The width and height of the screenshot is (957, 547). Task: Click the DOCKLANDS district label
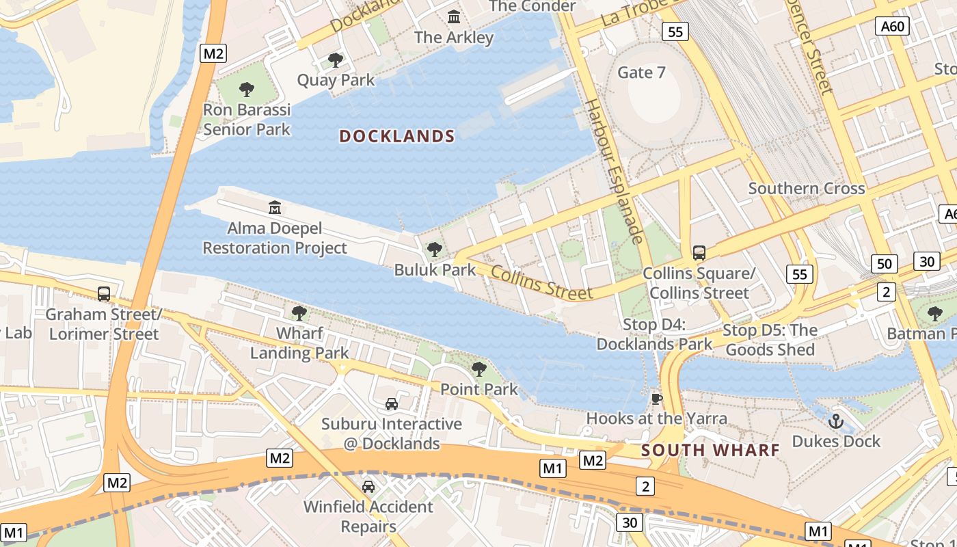(x=397, y=136)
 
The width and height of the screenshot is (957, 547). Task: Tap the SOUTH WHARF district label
(x=711, y=450)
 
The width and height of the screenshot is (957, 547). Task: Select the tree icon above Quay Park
(x=335, y=60)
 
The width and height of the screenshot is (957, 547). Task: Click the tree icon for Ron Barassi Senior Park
(x=247, y=89)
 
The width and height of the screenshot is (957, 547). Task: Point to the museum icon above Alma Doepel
(x=275, y=207)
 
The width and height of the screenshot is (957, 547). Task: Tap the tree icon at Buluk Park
(x=434, y=250)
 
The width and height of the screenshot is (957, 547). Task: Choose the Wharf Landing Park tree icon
(x=299, y=313)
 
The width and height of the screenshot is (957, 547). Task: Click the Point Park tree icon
(x=479, y=369)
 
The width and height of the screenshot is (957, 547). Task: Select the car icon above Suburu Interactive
(x=392, y=404)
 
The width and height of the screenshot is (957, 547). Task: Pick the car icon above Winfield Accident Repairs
(x=368, y=487)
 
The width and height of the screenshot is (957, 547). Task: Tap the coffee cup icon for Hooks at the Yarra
(x=657, y=399)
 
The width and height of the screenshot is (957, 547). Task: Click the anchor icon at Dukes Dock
(x=836, y=421)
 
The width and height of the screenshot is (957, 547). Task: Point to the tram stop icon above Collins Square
(x=699, y=253)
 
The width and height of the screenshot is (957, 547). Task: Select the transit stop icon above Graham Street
(x=104, y=294)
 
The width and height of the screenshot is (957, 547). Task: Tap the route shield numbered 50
(x=885, y=263)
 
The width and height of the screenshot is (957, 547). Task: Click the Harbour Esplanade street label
(x=615, y=172)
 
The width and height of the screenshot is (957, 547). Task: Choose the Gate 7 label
(x=641, y=72)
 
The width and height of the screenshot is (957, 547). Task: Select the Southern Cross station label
(x=807, y=188)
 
